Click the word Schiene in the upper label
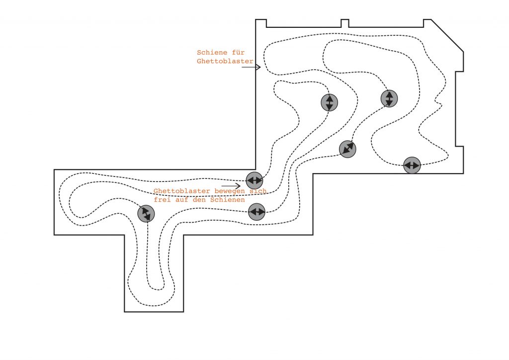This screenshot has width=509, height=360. (x=211, y=52)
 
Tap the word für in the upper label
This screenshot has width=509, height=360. (x=238, y=52)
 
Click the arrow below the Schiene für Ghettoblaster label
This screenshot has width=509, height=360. (x=251, y=67)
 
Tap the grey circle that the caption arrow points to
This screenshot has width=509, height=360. (x=254, y=180)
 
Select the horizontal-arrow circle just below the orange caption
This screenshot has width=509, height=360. (x=256, y=212)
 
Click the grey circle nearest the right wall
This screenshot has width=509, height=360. (x=412, y=165)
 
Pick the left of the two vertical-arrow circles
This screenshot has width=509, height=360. (x=329, y=102)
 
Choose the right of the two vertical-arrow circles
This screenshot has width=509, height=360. (x=389, y=98)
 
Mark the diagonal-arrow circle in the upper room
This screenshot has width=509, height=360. (x=347, y=149)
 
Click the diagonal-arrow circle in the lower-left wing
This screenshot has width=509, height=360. (x=146, y=214)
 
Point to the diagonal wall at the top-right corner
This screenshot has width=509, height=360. (x=447, y=35)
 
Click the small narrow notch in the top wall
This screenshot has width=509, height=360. (x=344, y=23)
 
